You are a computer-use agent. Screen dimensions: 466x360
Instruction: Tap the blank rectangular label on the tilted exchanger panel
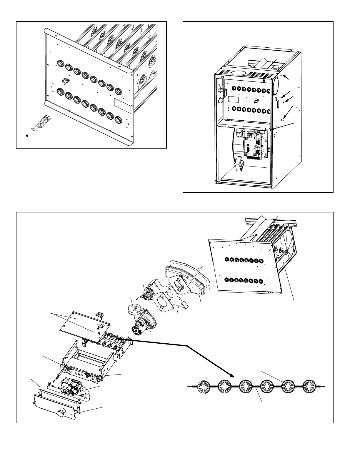pos(122,106)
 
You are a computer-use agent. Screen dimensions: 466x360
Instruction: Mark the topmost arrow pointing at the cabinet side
pos(286,77)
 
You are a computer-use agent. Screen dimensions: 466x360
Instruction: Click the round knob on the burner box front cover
pos(62,412)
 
